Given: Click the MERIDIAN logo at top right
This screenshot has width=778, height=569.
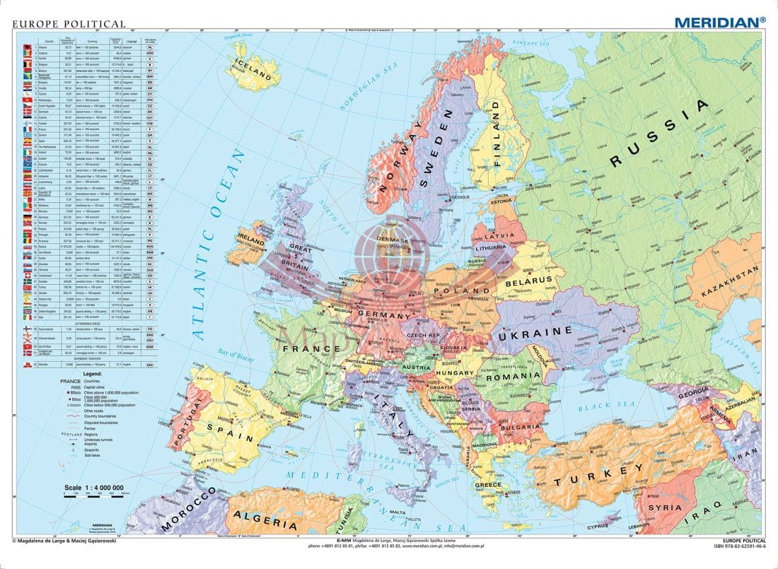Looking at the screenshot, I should point(719,22).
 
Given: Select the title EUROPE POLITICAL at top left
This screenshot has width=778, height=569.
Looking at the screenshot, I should point(59,23).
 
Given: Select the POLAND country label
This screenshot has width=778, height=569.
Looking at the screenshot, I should point(460,290).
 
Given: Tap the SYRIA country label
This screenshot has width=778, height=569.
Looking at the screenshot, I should point(666,507).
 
